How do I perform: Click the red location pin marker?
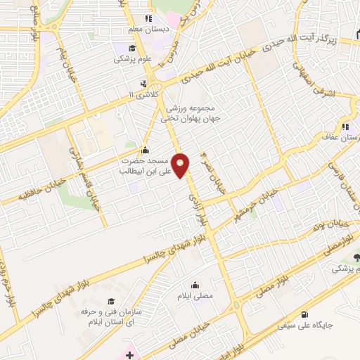pyautogui.click(x=181, y=165)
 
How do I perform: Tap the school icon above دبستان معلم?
pyautogui.click(x=148, y=18)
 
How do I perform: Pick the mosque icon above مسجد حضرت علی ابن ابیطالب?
pyautogui.click(x=145, y=149)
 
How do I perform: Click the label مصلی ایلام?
pyautogui.click(x=194, y=296)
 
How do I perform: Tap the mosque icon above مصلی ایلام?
pyautogui.click(x=194, y=285)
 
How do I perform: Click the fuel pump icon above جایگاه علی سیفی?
pyautogui.click(x=304, y=314)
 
